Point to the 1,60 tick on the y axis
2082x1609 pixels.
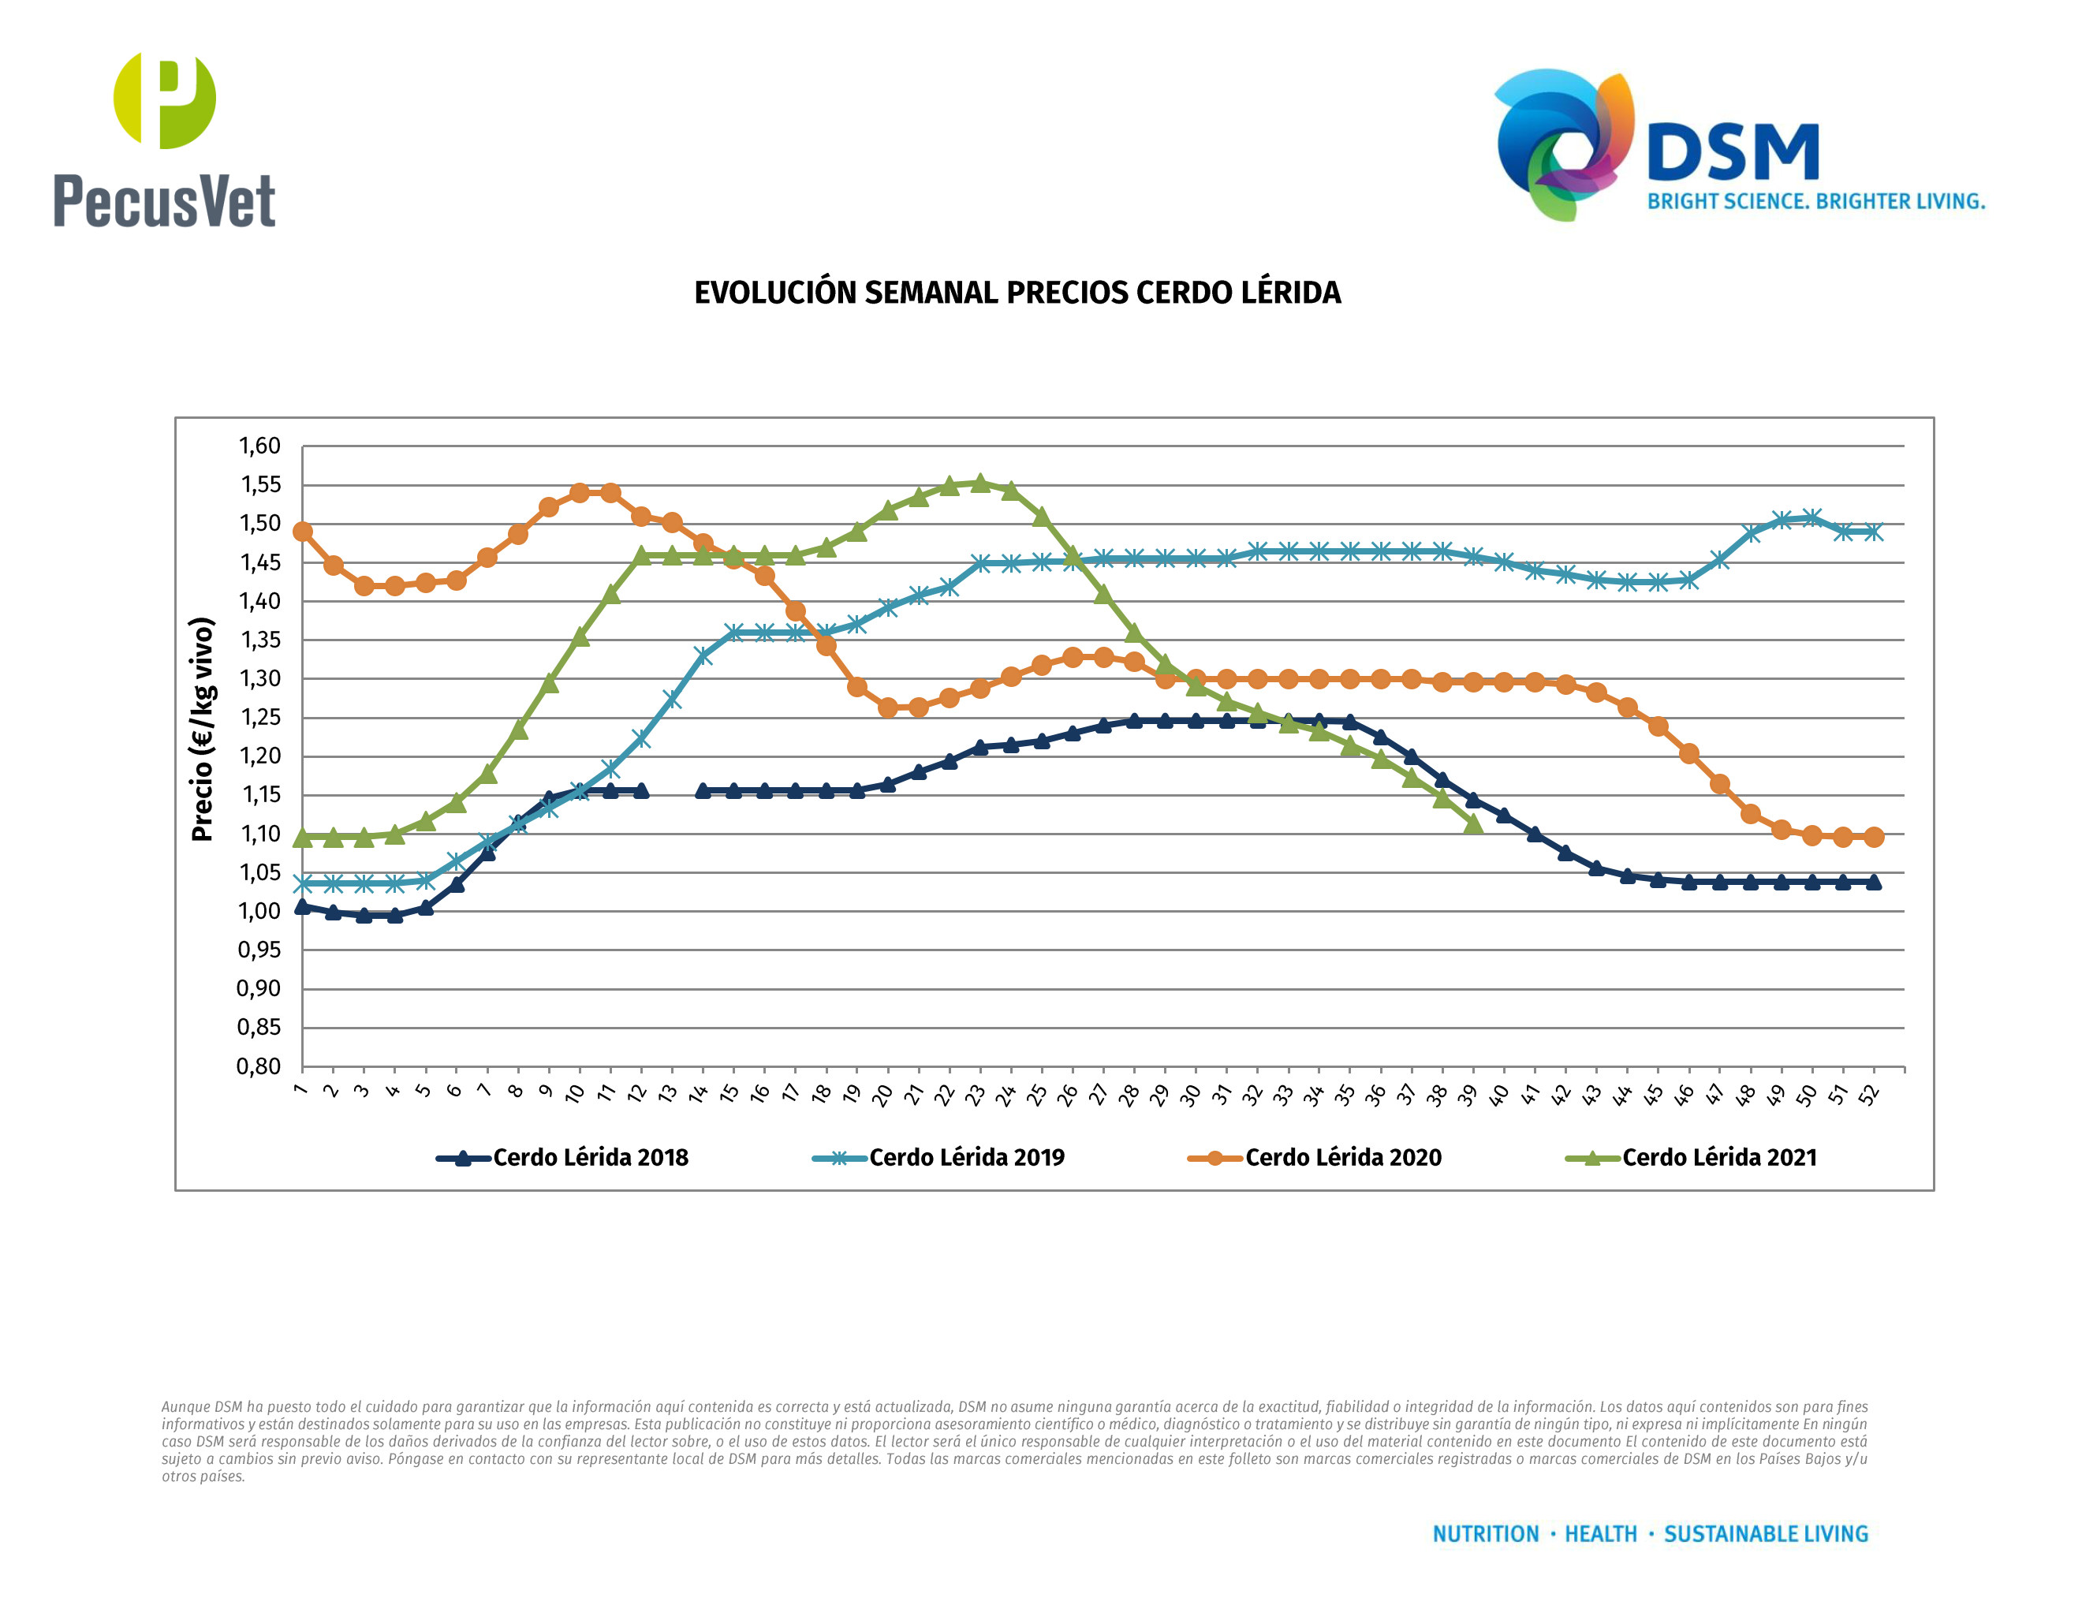pyautogui.click(x=259, y=446)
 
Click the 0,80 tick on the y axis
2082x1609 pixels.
pyautogui.click(x=259, y=1066)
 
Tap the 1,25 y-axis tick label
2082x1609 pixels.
pyautogui.click(x=259, y=718)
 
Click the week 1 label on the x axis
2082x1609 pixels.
pyautogui.click(x=301, y=1089)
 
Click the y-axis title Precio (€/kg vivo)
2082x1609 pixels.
pyautogui.click(x=202, y=730)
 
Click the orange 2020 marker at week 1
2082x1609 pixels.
pyautogui.click(x=302, y=532)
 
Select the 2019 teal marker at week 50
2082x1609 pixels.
pyautogui.click(x=1811, y=517)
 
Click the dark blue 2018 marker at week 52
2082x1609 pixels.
pyautogui.click(x=1873, y=883)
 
